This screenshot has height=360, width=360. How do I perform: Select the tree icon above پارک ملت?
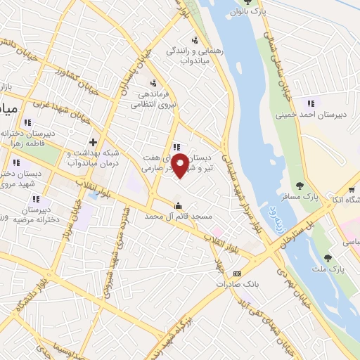pos(327,258)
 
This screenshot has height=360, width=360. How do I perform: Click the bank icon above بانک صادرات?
pos(237,274)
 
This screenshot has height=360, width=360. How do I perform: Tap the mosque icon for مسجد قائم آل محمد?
pos(178,206)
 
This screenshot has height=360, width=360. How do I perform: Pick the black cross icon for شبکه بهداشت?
pos(93,142)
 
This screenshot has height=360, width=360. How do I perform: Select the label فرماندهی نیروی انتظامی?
pos(154,98)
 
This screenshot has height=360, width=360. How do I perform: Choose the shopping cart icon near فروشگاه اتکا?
pos(352,189)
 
